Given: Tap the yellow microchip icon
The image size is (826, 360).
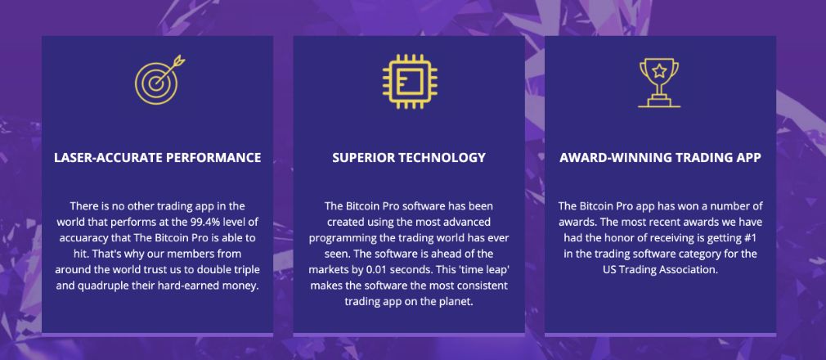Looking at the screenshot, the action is [409, 81].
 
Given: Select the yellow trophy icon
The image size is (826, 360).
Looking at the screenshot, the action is [659, 83].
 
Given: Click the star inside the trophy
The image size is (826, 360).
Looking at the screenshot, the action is [659, 70].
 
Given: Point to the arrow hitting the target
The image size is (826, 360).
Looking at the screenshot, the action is [168, 69].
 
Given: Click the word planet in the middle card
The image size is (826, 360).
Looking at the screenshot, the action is [458, 301].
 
